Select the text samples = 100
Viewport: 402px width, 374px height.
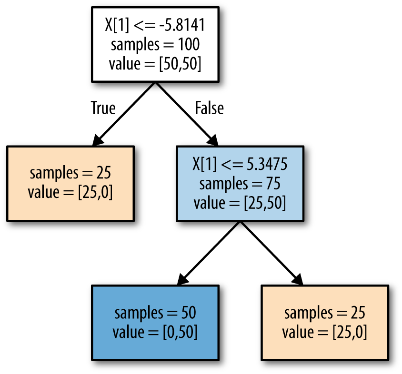(x=155, y=45)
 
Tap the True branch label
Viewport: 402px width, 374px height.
(x=103, y=108)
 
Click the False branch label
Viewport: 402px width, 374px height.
(x=209, y=108)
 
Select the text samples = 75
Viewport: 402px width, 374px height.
(x=240, y=183)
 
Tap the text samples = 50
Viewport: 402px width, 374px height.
(x=155, y=313)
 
